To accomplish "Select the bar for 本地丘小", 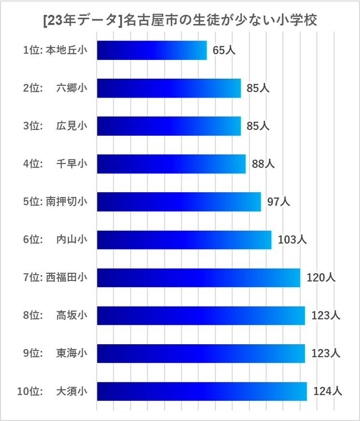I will click(152, 50).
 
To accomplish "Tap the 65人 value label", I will click(224, 50).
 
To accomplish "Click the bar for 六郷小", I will click(168, 88).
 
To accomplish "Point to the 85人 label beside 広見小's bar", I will click(258, 126).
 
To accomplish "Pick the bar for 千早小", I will click(171, 164).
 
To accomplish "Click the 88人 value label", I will click(263, 164).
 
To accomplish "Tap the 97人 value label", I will click(278, 202).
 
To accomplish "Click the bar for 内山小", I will click(184, 240).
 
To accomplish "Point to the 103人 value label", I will click(292, 240).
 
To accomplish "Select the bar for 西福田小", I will click(198, 278).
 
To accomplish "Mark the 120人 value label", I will click(321, 278).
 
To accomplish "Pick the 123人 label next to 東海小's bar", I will click(326, 353).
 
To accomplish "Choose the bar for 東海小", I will click(201, 353).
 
